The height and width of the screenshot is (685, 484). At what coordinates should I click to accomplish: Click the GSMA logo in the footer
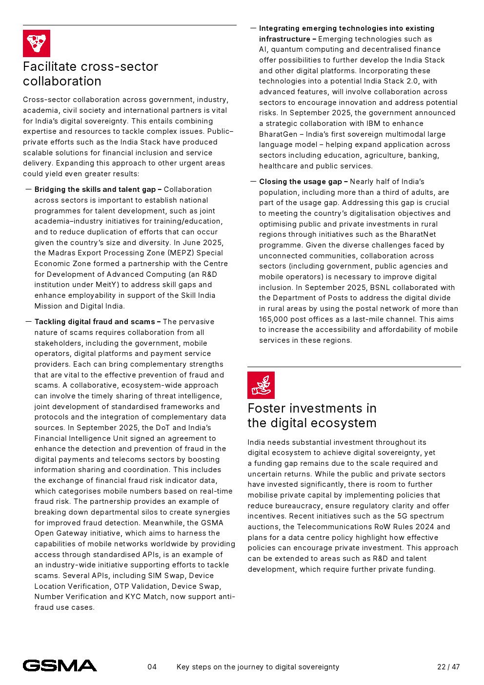[x=60, y=665]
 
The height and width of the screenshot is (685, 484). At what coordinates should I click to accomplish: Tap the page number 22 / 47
[x=448, y=667]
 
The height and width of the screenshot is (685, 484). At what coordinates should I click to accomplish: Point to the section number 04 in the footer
[x=152, y=667]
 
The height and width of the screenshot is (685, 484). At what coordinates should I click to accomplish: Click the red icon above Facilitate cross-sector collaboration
[x=37, y=43]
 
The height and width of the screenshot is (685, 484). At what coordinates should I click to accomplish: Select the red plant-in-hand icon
[x=261, y=385]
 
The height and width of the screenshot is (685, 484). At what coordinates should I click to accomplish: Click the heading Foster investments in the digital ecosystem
[x=312, y=415]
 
